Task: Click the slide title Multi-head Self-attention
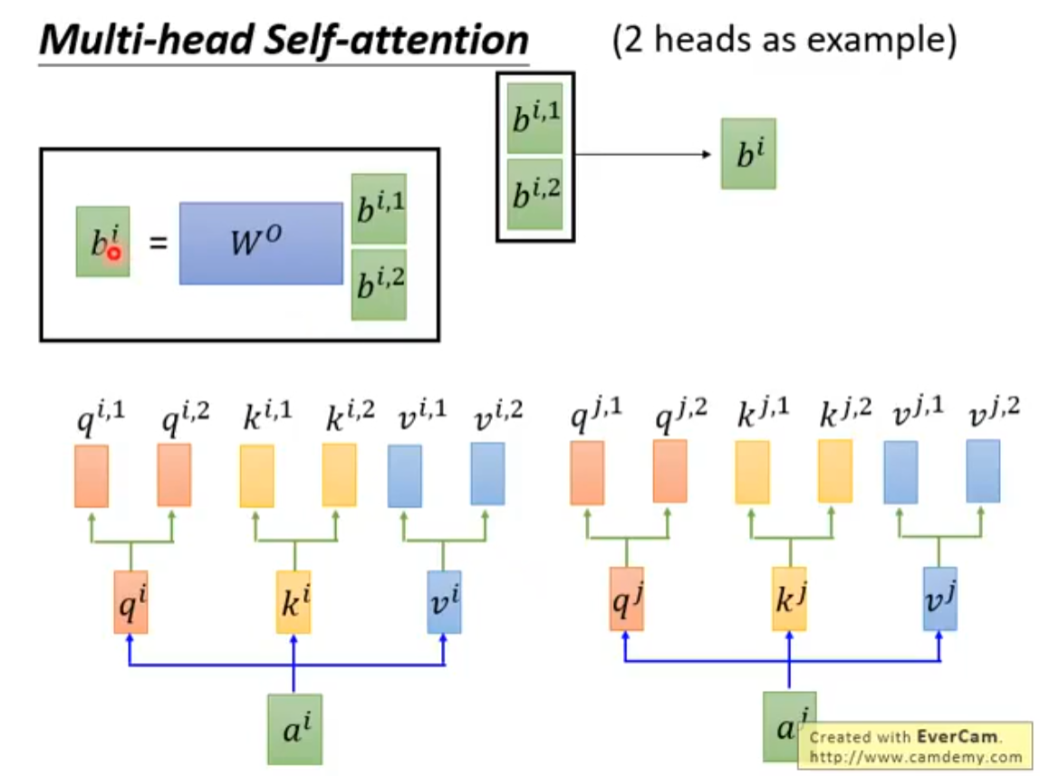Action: point(283,42)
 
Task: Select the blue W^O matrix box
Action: point(261,244)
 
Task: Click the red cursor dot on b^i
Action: point(114,254)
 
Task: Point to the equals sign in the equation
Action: point(158,244)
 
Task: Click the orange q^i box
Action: point(130,602)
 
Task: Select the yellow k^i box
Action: point(294,602)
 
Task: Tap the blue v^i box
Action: point(445,602)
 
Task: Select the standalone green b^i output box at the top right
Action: point(748,154)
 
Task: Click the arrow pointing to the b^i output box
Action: point(643,154)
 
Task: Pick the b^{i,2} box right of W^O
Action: point(379,285)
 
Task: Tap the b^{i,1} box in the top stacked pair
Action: point(534,118)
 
